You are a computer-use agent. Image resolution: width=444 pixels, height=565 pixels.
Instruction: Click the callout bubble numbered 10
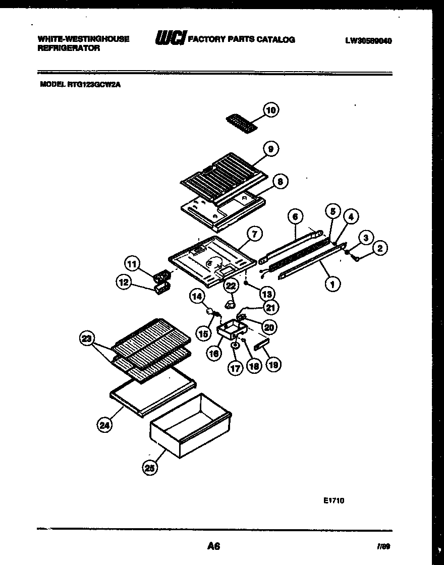pos(271,110)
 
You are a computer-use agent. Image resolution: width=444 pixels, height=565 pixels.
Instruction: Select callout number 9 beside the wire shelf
pos(271,149)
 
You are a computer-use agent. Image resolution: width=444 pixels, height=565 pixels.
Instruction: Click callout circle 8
pos(280,181)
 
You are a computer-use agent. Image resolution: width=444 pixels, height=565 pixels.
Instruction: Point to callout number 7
pos(255,234)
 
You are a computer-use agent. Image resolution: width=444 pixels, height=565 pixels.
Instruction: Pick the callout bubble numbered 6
pos(296,217)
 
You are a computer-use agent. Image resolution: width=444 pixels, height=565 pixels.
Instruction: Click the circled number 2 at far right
pos(381,247)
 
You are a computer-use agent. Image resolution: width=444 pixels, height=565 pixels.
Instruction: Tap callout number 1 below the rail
pos(332,285)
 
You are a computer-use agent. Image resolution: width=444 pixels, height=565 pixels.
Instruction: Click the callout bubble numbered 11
pos(132,263)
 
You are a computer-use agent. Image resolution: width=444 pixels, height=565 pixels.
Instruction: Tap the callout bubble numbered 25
pos(149,468)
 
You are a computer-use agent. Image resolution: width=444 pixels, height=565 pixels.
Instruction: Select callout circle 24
pos(104,425)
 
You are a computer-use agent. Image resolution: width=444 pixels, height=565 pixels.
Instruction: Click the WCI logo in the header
pos(170,39)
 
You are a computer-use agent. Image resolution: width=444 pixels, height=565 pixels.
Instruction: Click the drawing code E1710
pos(334,501)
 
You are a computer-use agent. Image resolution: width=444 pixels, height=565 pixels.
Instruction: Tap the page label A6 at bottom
pos(213,545)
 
